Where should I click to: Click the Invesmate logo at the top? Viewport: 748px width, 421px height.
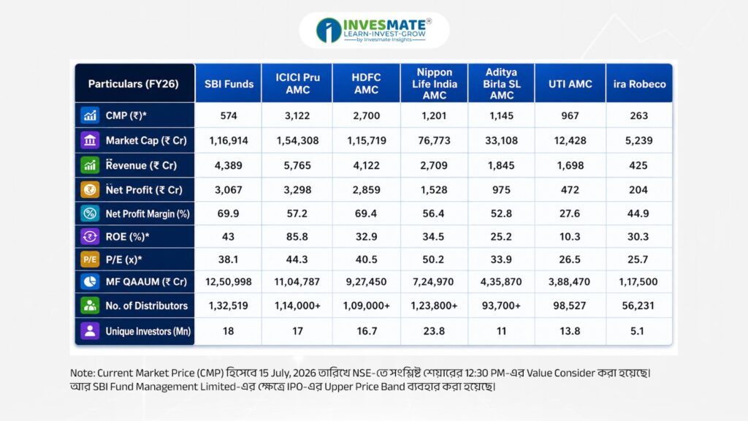(x=374, y=30)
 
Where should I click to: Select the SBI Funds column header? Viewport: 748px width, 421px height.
(x=229, y=84)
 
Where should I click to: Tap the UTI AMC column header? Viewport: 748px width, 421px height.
(x=570, y=84)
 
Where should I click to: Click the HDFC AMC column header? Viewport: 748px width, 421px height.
(x=366, y=83)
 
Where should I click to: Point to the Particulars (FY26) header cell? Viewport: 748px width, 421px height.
(x=133, y=84)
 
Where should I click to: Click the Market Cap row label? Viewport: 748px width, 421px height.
(x=146, y=140)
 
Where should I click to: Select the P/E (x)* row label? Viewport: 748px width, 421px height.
(x=123, y=259)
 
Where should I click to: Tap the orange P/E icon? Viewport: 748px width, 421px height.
(x=90, y=259)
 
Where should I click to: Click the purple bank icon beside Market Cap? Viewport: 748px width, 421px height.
(x=90, y=140)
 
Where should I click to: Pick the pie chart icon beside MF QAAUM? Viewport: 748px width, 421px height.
(x=90, y=281)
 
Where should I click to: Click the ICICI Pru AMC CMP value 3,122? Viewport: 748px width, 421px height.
(x=297, y=115)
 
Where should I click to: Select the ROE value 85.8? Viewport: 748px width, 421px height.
(x=297, y=237)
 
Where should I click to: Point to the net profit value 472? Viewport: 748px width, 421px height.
(x=570, y=190)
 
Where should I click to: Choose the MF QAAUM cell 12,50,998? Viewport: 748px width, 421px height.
(x=229, y=281)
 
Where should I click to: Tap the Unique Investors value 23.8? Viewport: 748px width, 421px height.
(x=434, y=331)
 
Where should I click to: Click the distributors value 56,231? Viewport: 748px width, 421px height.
(x=638, y=306)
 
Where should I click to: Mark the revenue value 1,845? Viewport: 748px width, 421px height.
(x=501, y=166)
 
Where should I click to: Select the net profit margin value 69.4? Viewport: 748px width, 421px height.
(x=365, y=213)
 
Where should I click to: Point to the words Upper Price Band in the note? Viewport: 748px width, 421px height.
(x=365, y=386)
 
